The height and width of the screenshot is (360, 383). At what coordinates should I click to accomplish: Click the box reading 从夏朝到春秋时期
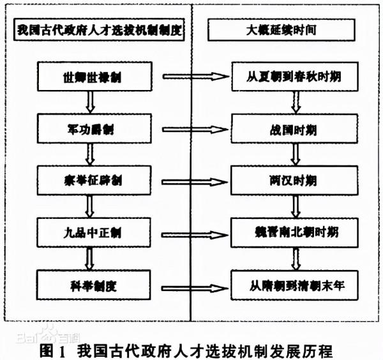pos(293,77)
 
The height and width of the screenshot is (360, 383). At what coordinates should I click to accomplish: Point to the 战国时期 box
pos(293,128)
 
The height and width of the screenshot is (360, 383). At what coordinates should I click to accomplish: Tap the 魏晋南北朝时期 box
pos(293,229)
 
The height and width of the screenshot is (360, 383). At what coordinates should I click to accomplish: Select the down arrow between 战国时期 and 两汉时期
pos(296,153)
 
